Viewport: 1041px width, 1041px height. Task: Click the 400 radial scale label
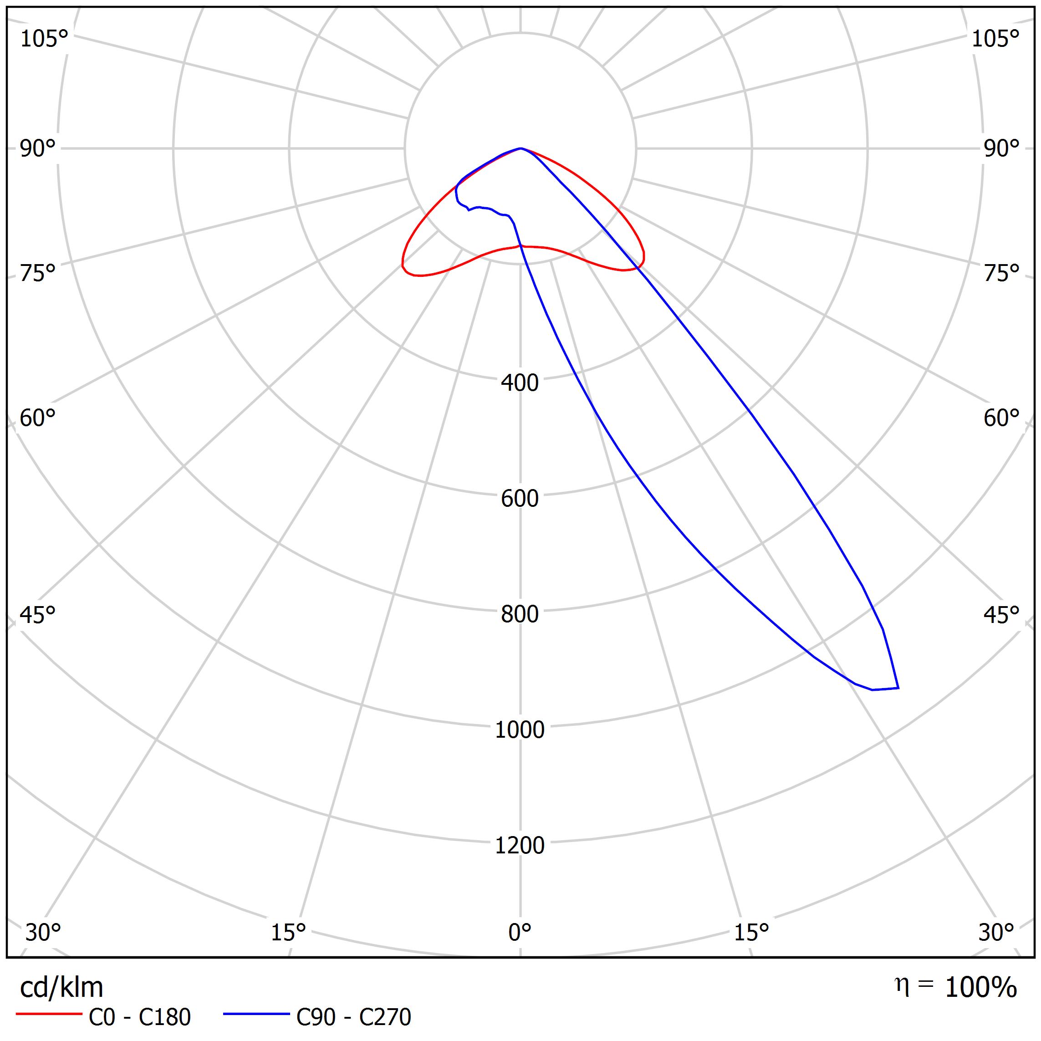[x=520, y=383]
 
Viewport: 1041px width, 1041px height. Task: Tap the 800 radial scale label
[x=520, y=614]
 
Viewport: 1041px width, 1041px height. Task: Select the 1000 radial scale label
[x=520, y=730]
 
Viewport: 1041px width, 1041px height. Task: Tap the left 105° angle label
[x=44, y=39]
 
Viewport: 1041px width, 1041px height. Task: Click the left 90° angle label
[x=38, y=149]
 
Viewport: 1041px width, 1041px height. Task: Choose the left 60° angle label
[x=38, y=418]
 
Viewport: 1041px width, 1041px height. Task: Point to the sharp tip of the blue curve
[x=898, y=688]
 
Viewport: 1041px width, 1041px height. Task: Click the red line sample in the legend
[x=48, y=1014]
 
